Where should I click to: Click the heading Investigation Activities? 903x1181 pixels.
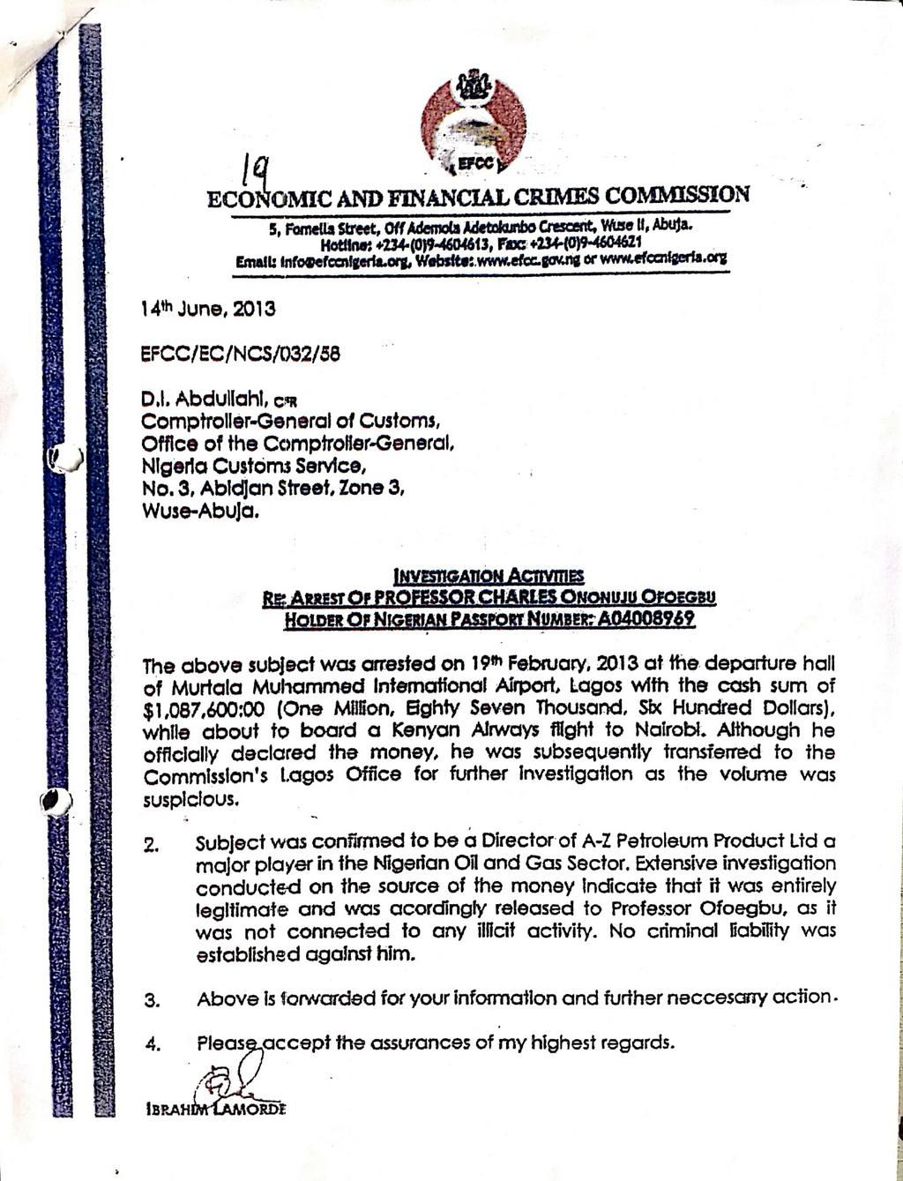(x=489, y=576)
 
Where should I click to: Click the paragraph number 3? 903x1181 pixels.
(x=151, y=1000)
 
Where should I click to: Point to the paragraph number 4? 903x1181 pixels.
(x=151, y=1045)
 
